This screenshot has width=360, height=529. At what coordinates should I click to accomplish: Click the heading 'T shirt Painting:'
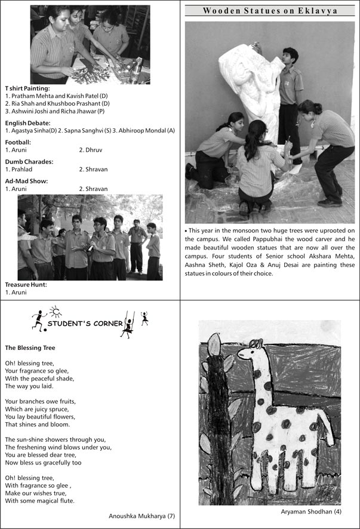pos(27,88)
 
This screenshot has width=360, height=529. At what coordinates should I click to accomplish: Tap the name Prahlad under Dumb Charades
pos(17,169)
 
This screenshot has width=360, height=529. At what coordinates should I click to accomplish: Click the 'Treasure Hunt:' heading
pos(26,285)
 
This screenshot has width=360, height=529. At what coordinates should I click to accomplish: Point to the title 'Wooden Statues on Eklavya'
pos(270,11)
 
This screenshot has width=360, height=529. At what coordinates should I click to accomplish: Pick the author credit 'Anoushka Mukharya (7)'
pos(141,515)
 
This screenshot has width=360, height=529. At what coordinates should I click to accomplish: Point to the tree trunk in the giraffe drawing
pos(217,418)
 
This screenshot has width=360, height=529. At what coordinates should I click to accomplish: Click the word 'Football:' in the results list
pos(18,142)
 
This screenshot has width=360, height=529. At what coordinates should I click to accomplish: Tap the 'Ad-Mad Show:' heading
pos(26,181)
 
